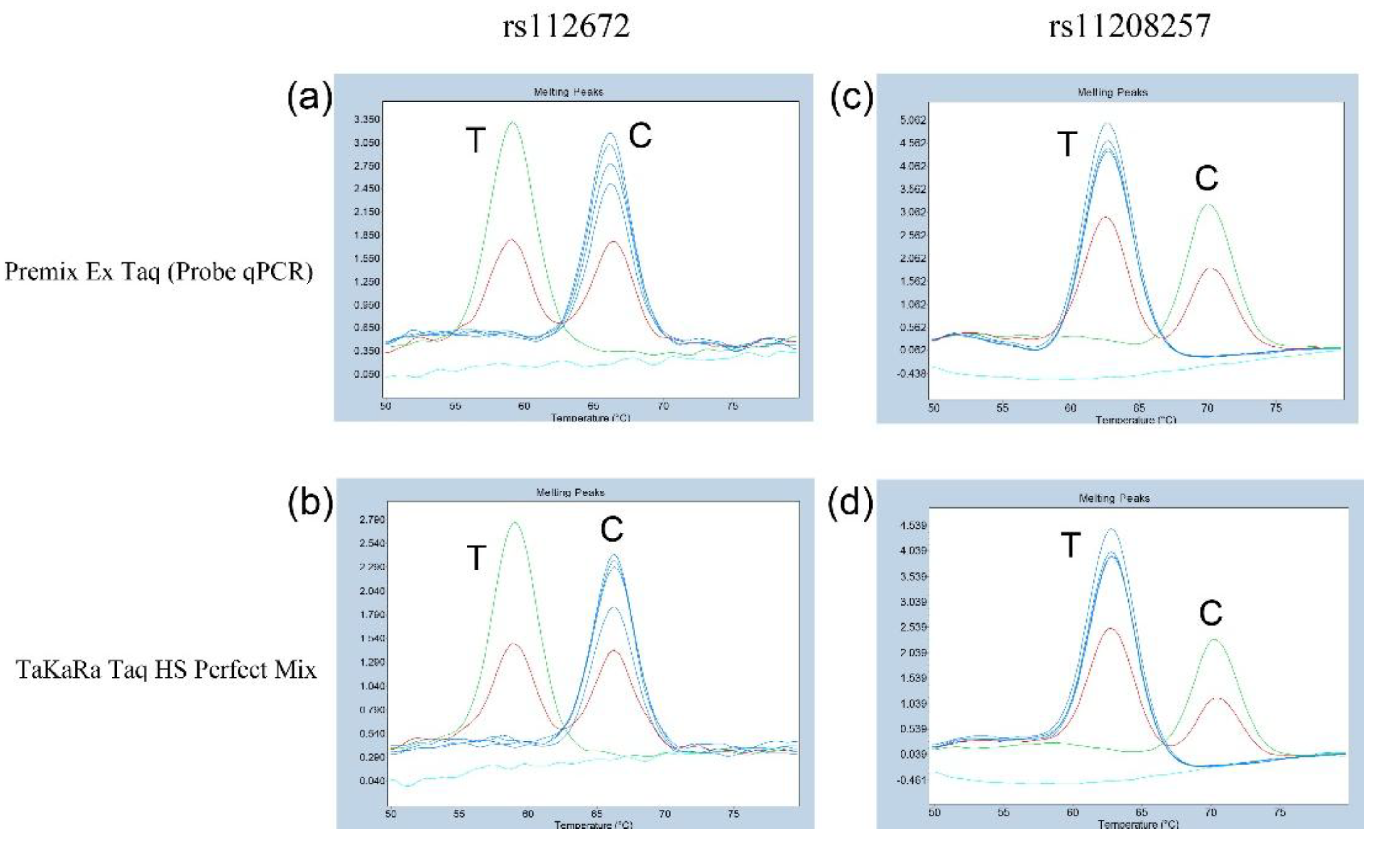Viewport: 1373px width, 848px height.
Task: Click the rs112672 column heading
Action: (x=566, y=26)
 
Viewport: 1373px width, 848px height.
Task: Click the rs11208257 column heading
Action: (x=1130, y=26)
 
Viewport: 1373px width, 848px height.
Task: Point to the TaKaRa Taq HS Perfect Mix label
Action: (x=166, y=670)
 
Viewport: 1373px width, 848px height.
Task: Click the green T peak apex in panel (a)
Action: (x=512, y=122)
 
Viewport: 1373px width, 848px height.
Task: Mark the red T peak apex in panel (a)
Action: (x=511, y=240)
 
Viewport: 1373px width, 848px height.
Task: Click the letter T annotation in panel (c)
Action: (x=1067, y=144)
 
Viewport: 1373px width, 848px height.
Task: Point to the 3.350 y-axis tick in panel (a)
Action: (x=366, y=120)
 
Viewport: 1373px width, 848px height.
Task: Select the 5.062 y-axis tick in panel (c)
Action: (x=913, y=120)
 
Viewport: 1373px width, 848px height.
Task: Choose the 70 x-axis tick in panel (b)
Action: (x=664, y=814)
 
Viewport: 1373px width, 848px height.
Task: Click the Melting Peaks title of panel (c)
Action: (x=1112, y=93)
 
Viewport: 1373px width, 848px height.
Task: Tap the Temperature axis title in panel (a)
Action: (x=590, y=418)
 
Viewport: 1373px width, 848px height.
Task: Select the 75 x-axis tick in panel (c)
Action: (x=1276, y=408)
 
